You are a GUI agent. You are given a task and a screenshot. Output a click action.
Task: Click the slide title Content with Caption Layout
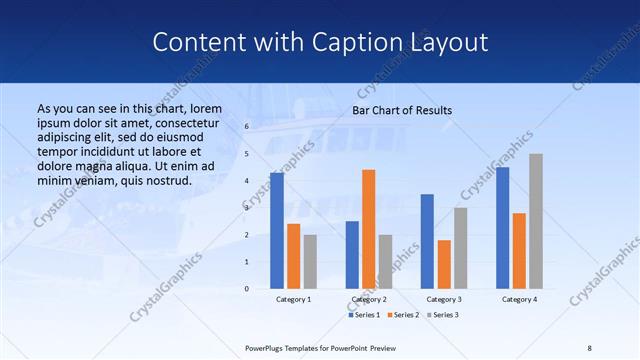click(x=320, y=42)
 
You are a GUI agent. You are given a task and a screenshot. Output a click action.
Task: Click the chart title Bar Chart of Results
click(x=401, y=110)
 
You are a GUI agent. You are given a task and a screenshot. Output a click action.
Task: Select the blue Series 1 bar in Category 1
click(x=277, y=230)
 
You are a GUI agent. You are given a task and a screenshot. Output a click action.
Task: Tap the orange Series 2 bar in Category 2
click(x=369, y=229)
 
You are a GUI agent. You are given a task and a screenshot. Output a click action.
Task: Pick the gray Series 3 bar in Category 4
click(x=536, y=221)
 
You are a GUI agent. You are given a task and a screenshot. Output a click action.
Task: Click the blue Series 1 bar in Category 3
click(x=427, y=241)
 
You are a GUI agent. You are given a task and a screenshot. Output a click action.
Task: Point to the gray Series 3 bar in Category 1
click(x=310, y=261)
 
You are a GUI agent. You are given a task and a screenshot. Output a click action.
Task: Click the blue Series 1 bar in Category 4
click(x=503, y=227)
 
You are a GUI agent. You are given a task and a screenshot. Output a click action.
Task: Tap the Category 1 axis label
click(x=293, y=299)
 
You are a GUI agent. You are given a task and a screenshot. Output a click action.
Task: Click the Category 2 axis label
click(x=369, y=299)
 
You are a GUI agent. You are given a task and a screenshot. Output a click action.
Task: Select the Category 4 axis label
click(x=519, y=299)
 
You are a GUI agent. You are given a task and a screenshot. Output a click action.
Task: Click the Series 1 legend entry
click(x=367, y=315)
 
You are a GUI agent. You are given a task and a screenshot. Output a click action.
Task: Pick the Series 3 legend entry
click(x=446, y=315)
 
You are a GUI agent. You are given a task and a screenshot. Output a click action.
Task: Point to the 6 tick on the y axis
click(x=247, y=127)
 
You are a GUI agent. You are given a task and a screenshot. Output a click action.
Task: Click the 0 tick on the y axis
click(x=247, y=288)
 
